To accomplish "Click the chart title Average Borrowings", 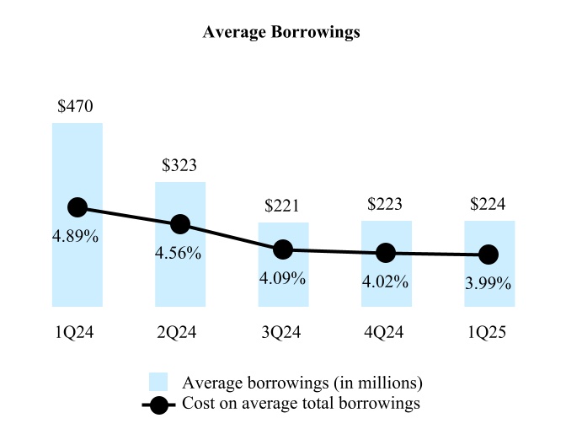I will [282, 33].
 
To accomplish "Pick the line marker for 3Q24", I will [283, 249].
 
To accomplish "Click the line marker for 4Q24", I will [386, 252].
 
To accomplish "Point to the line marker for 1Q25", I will [489, 254].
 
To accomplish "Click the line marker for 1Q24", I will [77, 207].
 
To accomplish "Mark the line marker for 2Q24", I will [180, 224].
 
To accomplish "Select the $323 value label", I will [179, 166].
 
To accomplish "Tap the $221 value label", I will [282, 206].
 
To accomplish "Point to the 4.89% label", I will [76, 237].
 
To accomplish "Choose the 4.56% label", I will [179, 254].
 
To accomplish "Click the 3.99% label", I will [489, 283].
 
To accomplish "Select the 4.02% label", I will [386, 281].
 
